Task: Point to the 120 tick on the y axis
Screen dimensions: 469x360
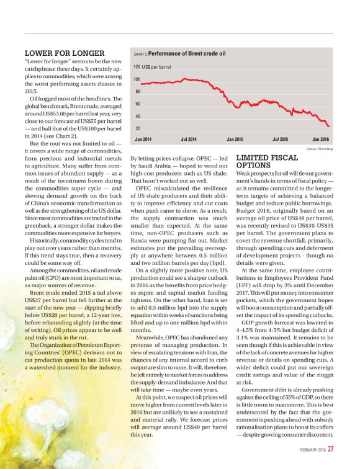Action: pos(137,66)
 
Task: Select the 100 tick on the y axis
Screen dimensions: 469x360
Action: pos(137,79)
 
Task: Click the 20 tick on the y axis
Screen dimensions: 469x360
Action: pos(137,128)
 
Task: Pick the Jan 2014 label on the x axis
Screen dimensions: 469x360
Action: pos(143,139)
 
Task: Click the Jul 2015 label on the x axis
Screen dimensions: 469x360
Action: pos(281,139)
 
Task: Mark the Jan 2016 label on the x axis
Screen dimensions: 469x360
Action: pos(321,139)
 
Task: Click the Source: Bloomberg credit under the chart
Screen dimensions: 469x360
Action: pos(320,149)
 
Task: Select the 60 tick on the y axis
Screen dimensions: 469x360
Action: pos(137,104)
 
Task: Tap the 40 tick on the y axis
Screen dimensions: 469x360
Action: pos(137,116)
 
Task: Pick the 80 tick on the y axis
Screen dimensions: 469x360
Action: pos(137,92)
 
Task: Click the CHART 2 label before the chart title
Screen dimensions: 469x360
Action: pos(140,54)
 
